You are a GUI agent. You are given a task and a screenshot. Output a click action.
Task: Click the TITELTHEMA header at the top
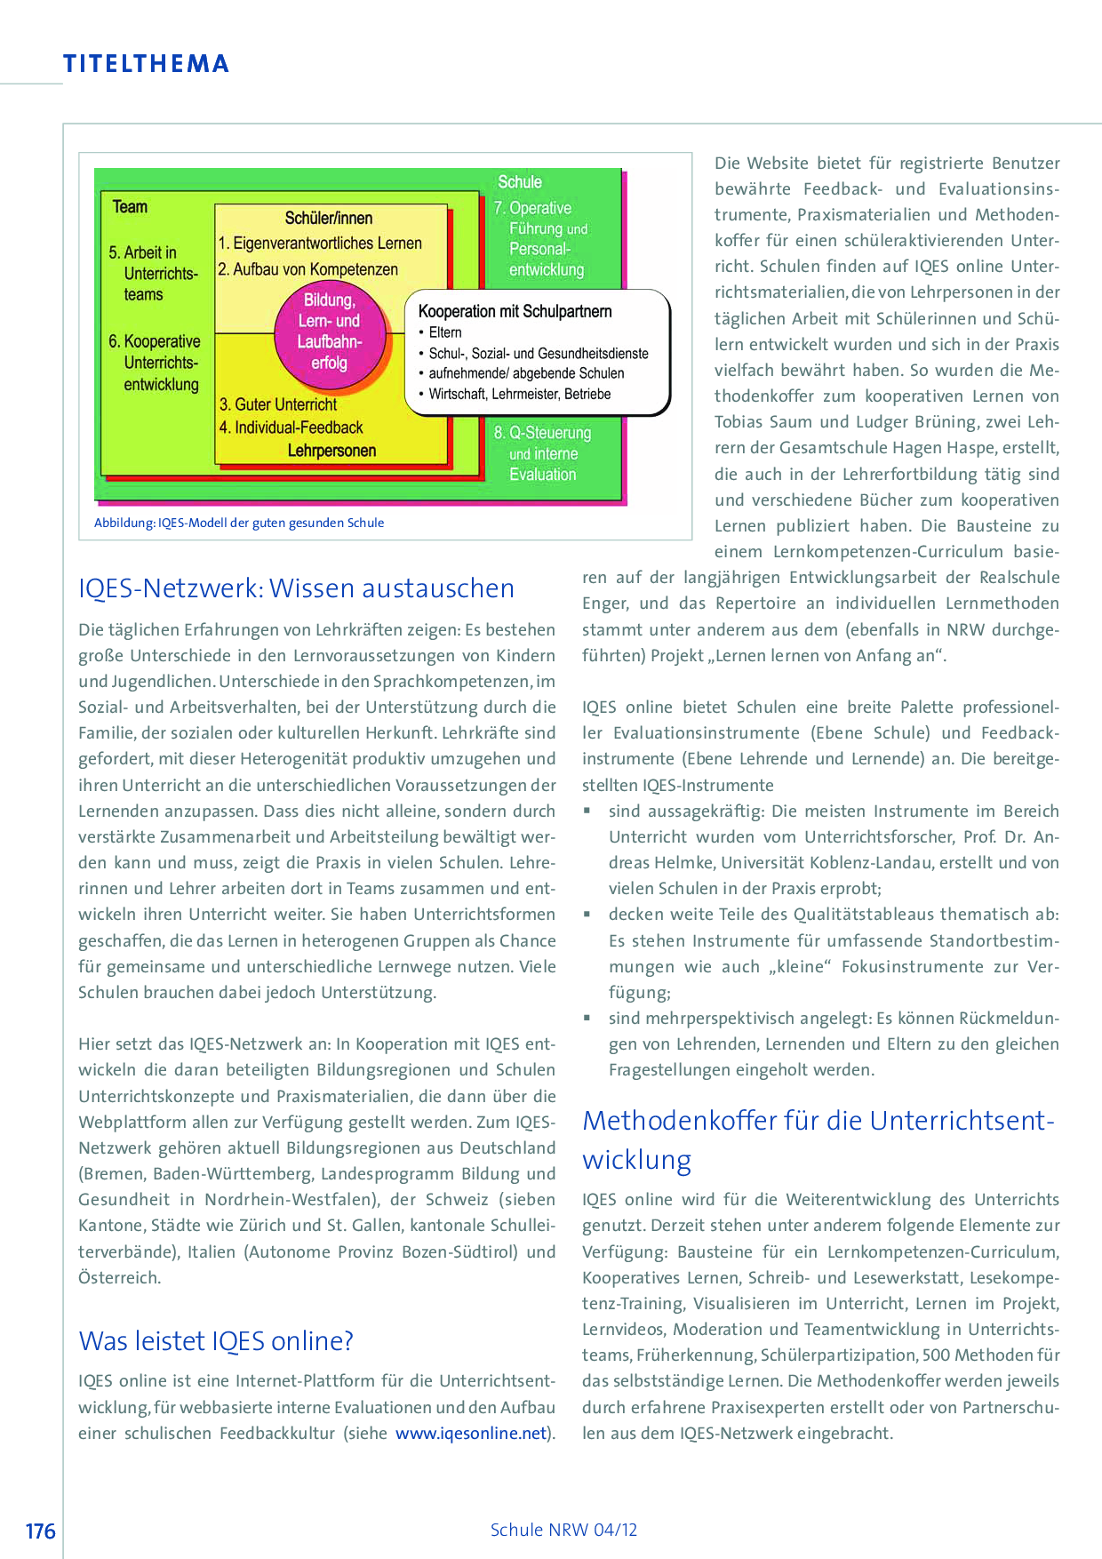(x=146, y=64)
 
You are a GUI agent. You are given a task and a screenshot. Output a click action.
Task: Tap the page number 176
(x=40, y=1531)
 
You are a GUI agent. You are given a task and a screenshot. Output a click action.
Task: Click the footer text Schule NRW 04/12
(x=563, y=1530)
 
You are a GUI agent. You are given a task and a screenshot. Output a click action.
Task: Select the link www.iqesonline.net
(x=471, y=1433)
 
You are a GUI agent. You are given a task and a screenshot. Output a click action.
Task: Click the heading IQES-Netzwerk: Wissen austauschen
(x=296, y=588)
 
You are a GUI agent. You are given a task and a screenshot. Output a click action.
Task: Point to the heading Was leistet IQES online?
(x=216, y=1340)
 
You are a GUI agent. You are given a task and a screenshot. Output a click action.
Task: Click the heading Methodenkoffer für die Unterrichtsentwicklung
(x=818, y=1139)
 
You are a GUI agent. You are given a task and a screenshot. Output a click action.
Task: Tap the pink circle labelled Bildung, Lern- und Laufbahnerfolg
(x=329, y=332)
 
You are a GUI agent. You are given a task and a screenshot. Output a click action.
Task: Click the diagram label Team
(x=130, y=207)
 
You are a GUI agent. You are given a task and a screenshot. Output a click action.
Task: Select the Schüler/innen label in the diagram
(x=328, y=218)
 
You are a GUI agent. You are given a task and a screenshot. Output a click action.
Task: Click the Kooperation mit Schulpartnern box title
(x=515, y=311)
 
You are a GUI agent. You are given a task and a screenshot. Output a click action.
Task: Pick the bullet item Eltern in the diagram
(x=444, y=332)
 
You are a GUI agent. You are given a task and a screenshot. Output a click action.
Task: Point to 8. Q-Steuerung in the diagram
(x=542, y=433)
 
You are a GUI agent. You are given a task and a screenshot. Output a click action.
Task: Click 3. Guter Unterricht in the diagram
(x=278, y=404)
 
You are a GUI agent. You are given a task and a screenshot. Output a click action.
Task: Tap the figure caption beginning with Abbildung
(x=239, y=523)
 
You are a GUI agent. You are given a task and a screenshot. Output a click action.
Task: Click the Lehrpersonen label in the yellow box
(x=331, y=451)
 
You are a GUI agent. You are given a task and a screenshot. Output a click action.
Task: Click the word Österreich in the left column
(x=119, y=1277)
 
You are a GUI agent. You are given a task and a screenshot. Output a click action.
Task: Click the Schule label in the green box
(x=519, y=182)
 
